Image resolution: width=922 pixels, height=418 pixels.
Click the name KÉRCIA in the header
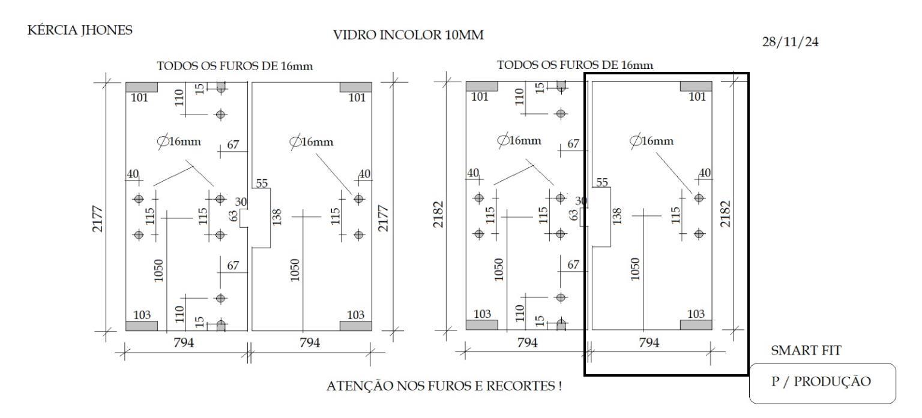(x=52, y=30)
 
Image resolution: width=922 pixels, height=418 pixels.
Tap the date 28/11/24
(x=790, y=42)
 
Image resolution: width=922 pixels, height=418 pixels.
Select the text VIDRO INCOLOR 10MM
(x=408, y=35)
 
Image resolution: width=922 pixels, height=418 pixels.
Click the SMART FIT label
(x=806, y=350)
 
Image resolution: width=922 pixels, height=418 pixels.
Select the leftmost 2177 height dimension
(x=98, y=219)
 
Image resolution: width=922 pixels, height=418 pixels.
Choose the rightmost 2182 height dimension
(x=725, y=214)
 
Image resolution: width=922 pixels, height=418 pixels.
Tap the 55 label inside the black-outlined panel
(x=602, y=182)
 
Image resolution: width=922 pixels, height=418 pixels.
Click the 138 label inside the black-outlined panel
(x=616, y=216)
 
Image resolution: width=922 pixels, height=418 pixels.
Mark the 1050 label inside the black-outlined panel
(x=635, y=269)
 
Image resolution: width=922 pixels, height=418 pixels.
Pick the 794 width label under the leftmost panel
(x=184, y=342)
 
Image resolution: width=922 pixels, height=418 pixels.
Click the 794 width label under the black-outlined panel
(x=649, y=342)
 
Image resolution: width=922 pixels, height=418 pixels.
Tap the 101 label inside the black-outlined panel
(x=698, y=97)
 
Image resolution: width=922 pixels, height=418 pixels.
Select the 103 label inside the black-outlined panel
(x=696, y=314)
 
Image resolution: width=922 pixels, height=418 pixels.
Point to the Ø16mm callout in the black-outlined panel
(x=651, y=141)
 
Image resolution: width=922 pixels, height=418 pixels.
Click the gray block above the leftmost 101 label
(x=142, y=87)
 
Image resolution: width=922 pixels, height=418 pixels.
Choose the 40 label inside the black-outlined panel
(x=705, y=173)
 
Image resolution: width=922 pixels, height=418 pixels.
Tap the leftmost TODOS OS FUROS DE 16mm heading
(x=235, y=66)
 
